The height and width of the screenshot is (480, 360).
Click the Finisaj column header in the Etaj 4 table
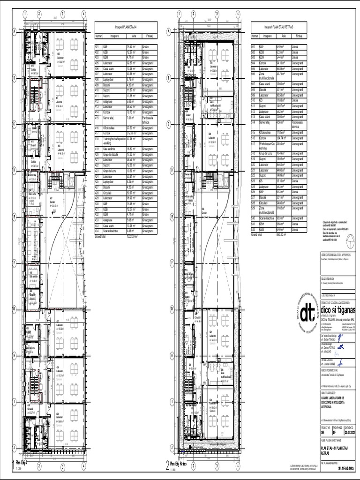[x=151, y=36]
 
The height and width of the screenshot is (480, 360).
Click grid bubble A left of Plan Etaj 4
[x=15, y=32]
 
